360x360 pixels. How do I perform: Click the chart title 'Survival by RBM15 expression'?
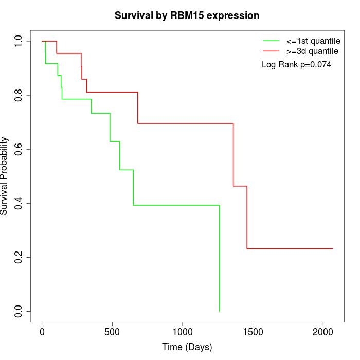click(x=187, y=15)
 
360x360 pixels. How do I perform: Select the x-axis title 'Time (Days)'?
click(x=187, y=347)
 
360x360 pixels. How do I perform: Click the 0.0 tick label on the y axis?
click(x=19, y=311)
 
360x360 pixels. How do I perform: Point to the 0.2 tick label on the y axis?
click(x=19, y=257)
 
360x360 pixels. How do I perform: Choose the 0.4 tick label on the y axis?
click(x=19, y=203)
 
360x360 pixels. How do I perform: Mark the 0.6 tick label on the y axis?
click(x=19, y=149)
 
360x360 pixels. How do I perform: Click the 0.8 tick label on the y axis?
click(x=19, y=95)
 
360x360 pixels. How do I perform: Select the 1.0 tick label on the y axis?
click(x=19, y=41)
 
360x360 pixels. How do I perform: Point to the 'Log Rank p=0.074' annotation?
click(x=296, y=65)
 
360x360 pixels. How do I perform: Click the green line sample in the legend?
click(x=271, y=40)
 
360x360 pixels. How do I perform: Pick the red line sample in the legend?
click(x=271, y=51)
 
